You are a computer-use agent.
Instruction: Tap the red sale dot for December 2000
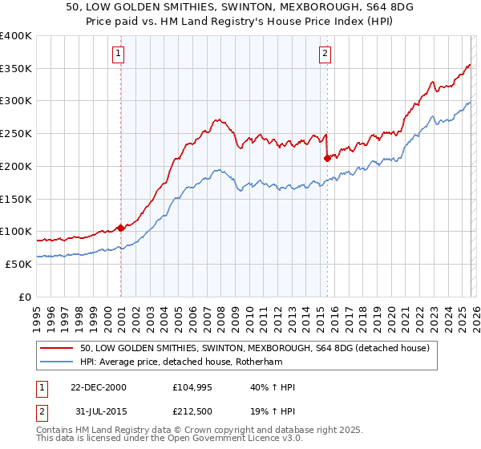(x=121, y=228)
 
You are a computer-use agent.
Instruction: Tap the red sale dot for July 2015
(x=327, y=158)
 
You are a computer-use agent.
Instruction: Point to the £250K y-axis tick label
(x=16, y=134)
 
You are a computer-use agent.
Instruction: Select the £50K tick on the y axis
(x=19, y=264)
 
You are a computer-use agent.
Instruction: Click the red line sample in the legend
(x=58, y=348)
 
